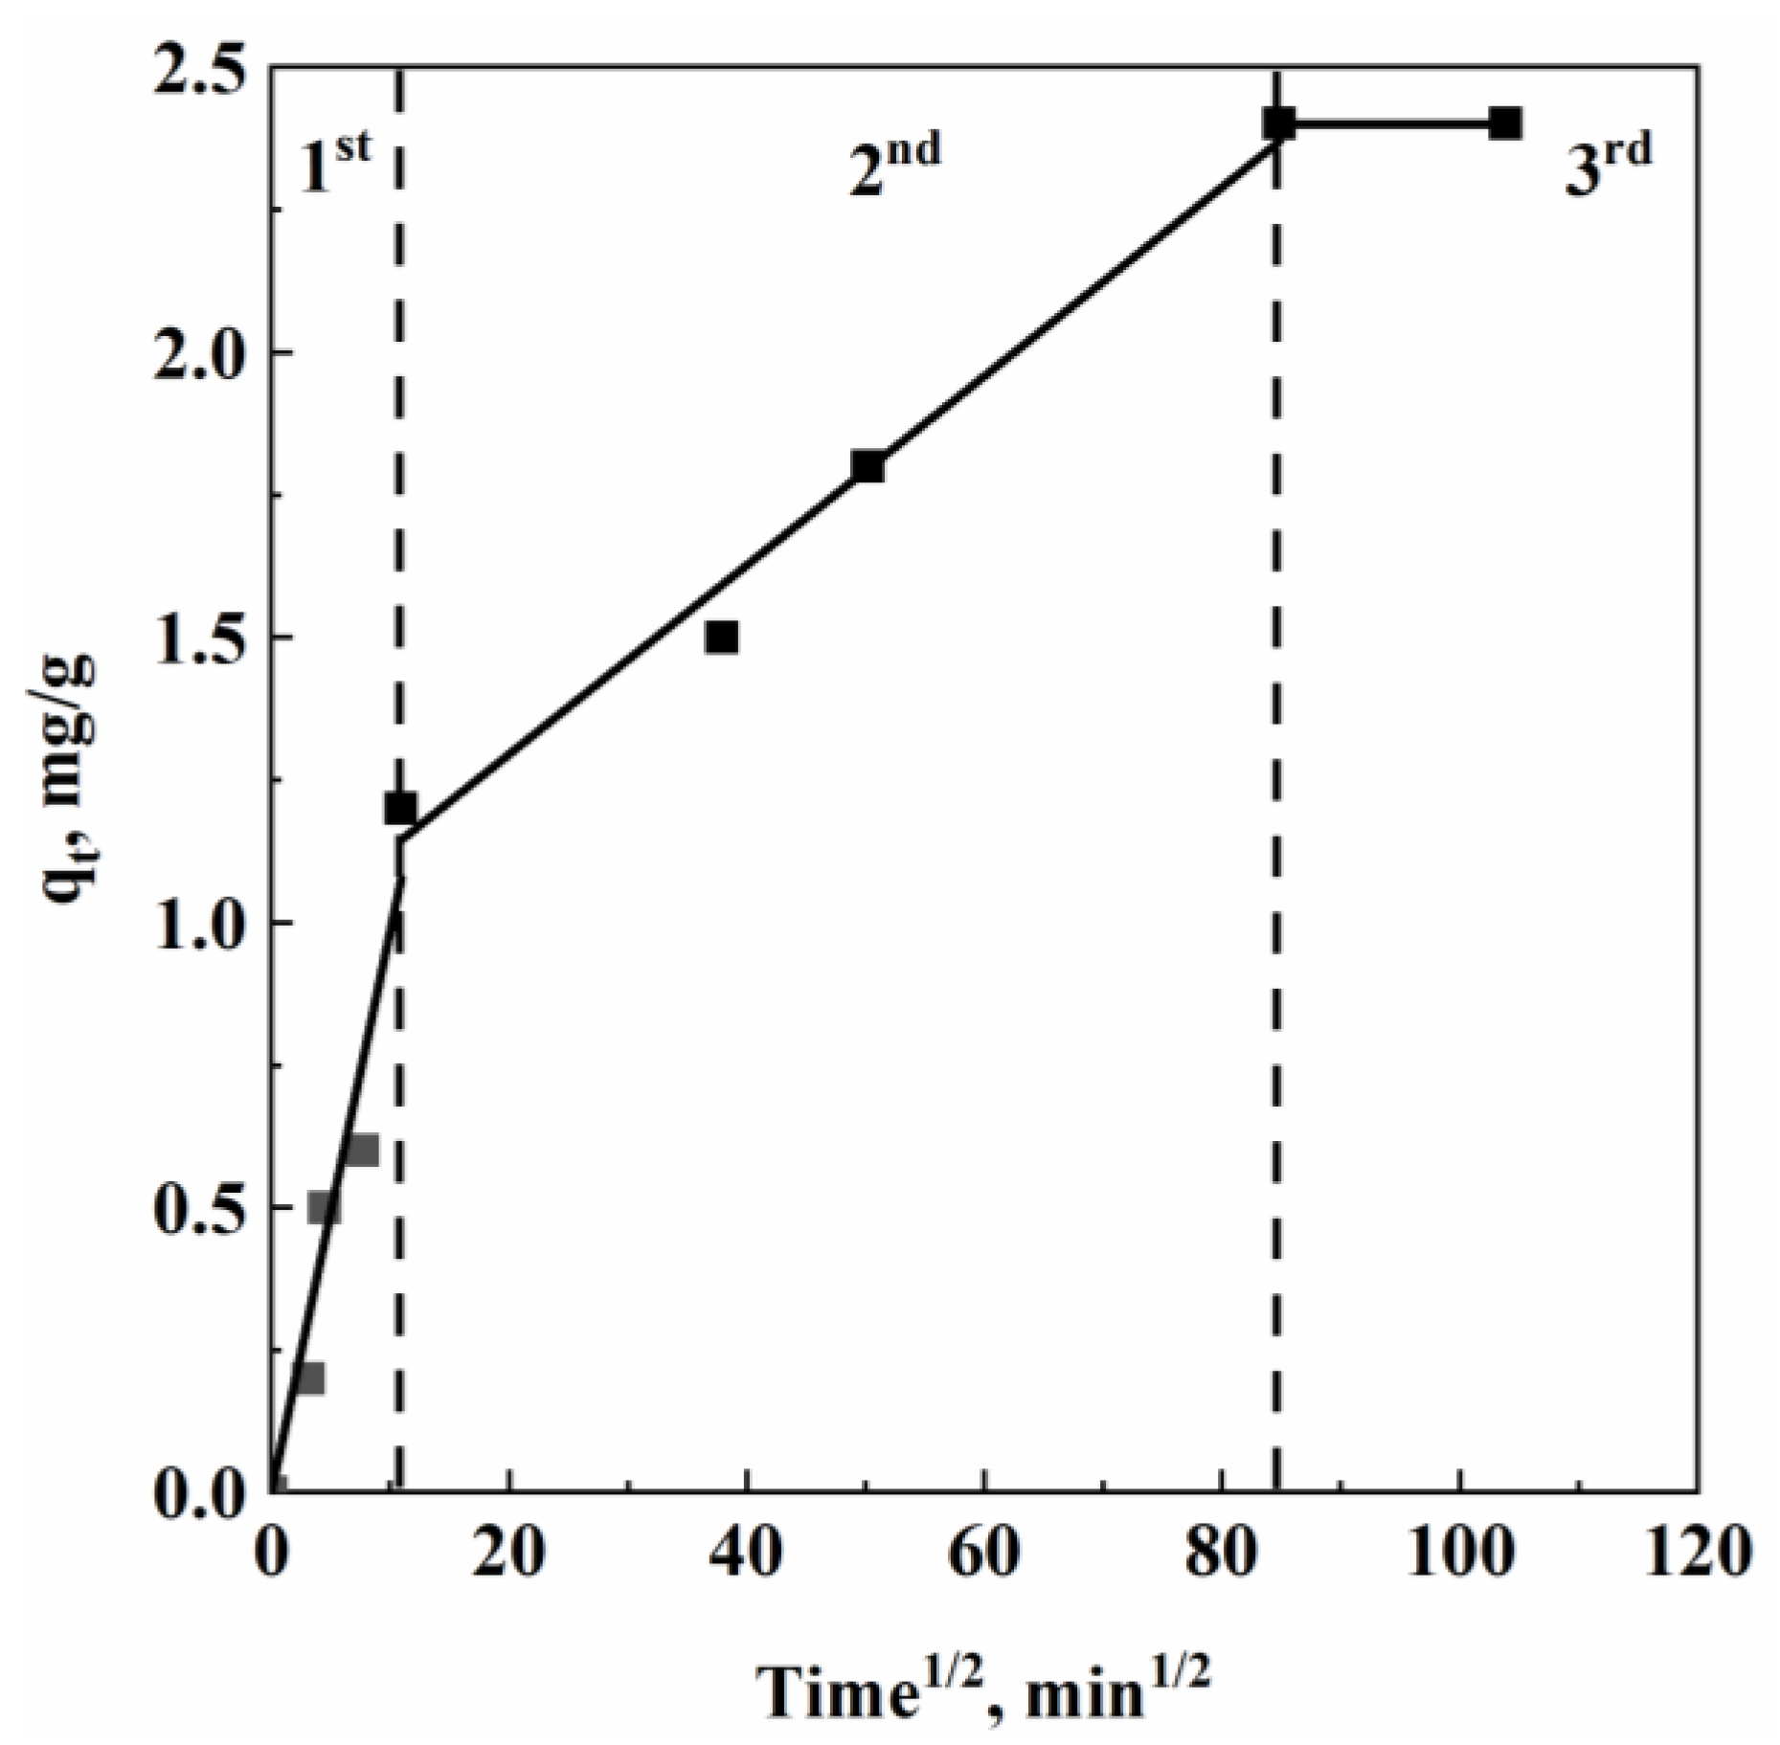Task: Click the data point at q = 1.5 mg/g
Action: (x=721, y=637)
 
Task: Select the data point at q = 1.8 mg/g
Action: (x=867, y=466)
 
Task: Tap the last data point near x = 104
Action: (x=1505, y=123)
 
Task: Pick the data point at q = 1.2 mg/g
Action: (x=400, y=808)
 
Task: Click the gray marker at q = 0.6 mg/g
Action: (x=362, y=1150)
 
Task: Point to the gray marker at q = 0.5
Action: (x=325, y=1208)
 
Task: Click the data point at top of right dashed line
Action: (x=1278, y=123)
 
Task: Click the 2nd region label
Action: (x=894, y=165)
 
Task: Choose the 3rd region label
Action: (x=1609, y=167)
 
